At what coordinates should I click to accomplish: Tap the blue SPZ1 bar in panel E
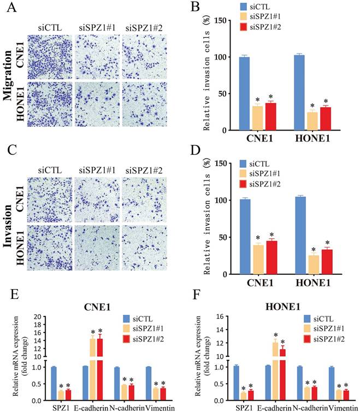(x=54, y=384)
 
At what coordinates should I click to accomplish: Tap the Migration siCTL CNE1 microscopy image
(x=49, y=56)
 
